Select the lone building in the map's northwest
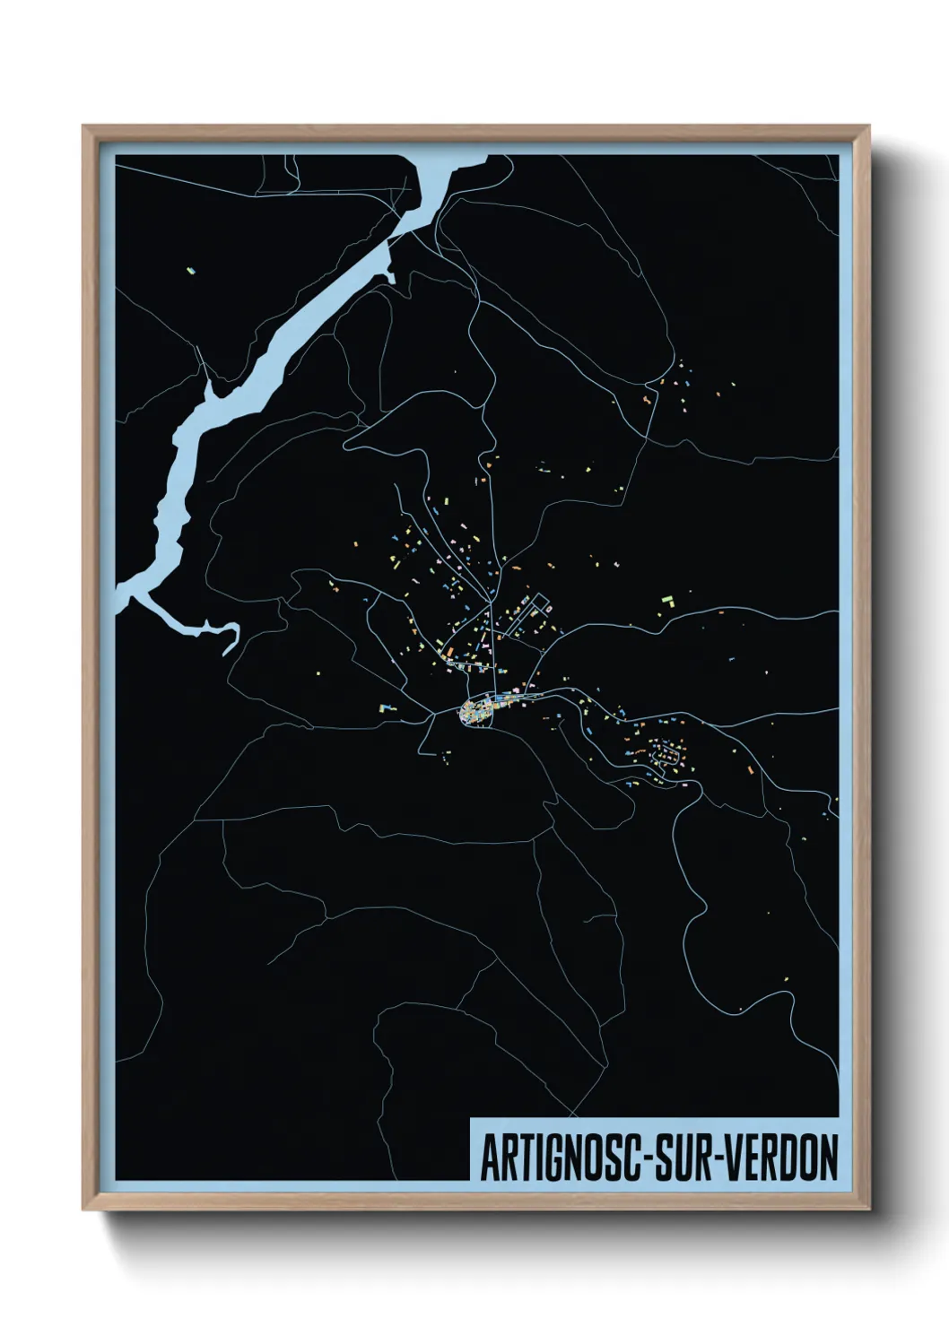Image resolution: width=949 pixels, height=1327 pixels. [190, 268]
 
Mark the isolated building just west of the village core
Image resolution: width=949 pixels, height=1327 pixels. [387, 707]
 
